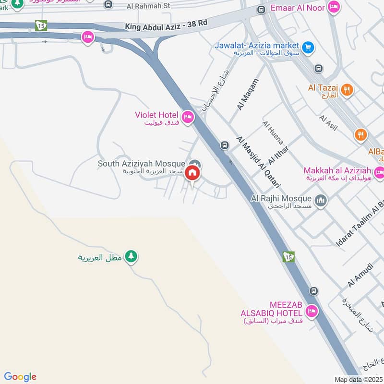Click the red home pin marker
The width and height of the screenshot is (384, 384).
[192, 173]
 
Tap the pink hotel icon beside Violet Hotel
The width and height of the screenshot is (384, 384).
[187, 116]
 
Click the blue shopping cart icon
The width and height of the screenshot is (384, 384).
[308, 48]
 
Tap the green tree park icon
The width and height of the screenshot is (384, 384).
[131, 256]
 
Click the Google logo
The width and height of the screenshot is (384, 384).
[20, 377]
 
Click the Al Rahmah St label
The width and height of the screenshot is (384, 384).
[149, 6]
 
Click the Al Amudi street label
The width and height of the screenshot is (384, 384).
[357, 276]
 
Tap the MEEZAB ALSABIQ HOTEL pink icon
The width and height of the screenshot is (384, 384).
[312, 312]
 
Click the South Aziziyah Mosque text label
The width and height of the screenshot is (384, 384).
[141, 164]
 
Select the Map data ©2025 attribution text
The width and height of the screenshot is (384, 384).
[358, 379]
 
